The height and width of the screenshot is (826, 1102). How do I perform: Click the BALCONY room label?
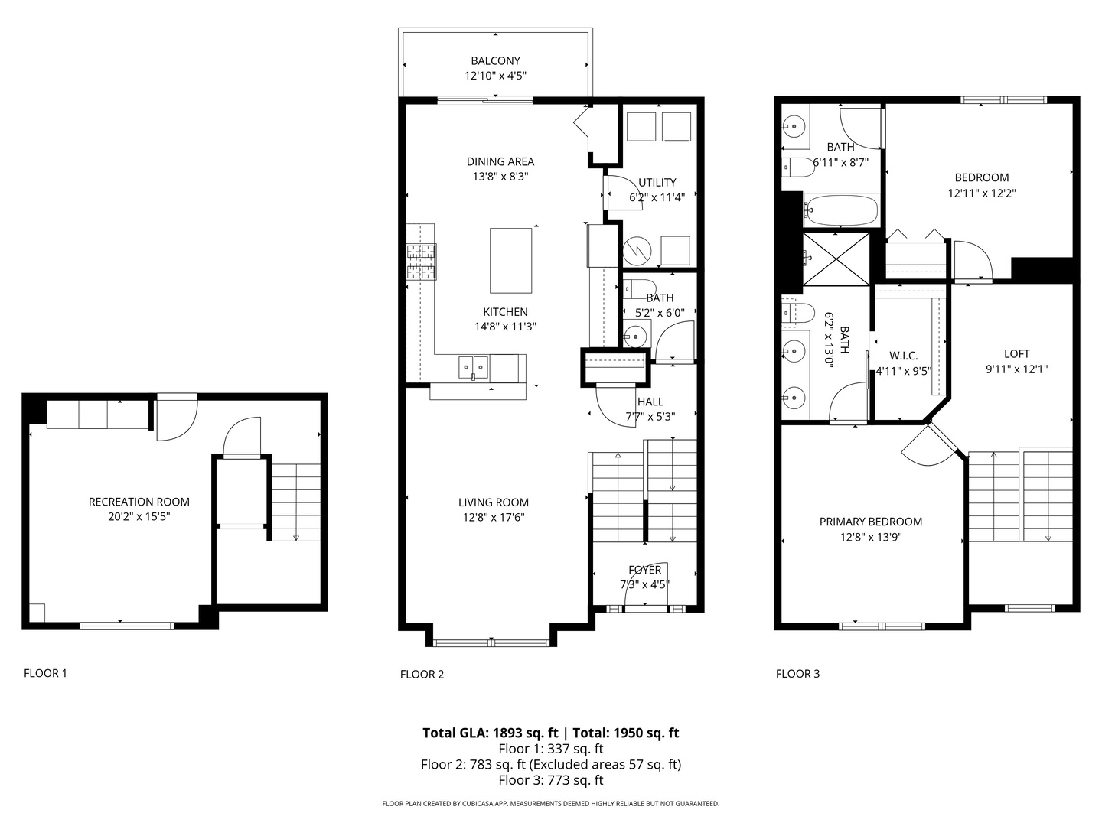click(495, 60)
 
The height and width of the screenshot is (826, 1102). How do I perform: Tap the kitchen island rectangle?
click(511, 260)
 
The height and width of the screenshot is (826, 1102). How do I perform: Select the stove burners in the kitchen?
click(421, 261)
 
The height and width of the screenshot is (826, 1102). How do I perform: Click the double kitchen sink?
click(473, 367)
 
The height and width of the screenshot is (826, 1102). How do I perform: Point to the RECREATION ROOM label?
click(139, 502)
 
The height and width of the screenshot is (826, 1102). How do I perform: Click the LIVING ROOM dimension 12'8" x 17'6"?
click(494, 517)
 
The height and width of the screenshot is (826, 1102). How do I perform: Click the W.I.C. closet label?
click(903, 356)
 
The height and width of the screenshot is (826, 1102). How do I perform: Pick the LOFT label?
click(1016, 353)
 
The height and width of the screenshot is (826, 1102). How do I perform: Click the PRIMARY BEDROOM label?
click(870, 522)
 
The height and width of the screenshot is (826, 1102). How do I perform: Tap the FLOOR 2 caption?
click(422, 674)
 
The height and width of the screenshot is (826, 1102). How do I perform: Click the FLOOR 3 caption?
click(797, 673)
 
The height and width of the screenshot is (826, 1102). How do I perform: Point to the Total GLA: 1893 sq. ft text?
click(490, 733)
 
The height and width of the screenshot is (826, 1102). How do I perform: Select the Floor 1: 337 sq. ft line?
click(550, 749)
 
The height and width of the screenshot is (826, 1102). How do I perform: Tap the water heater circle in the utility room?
click(637, 249)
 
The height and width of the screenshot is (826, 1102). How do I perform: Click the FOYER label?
click(644, 570)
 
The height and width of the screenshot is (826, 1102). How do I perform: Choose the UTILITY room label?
click(657, 182)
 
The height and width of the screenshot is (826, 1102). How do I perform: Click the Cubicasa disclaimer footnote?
click(550, 804)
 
